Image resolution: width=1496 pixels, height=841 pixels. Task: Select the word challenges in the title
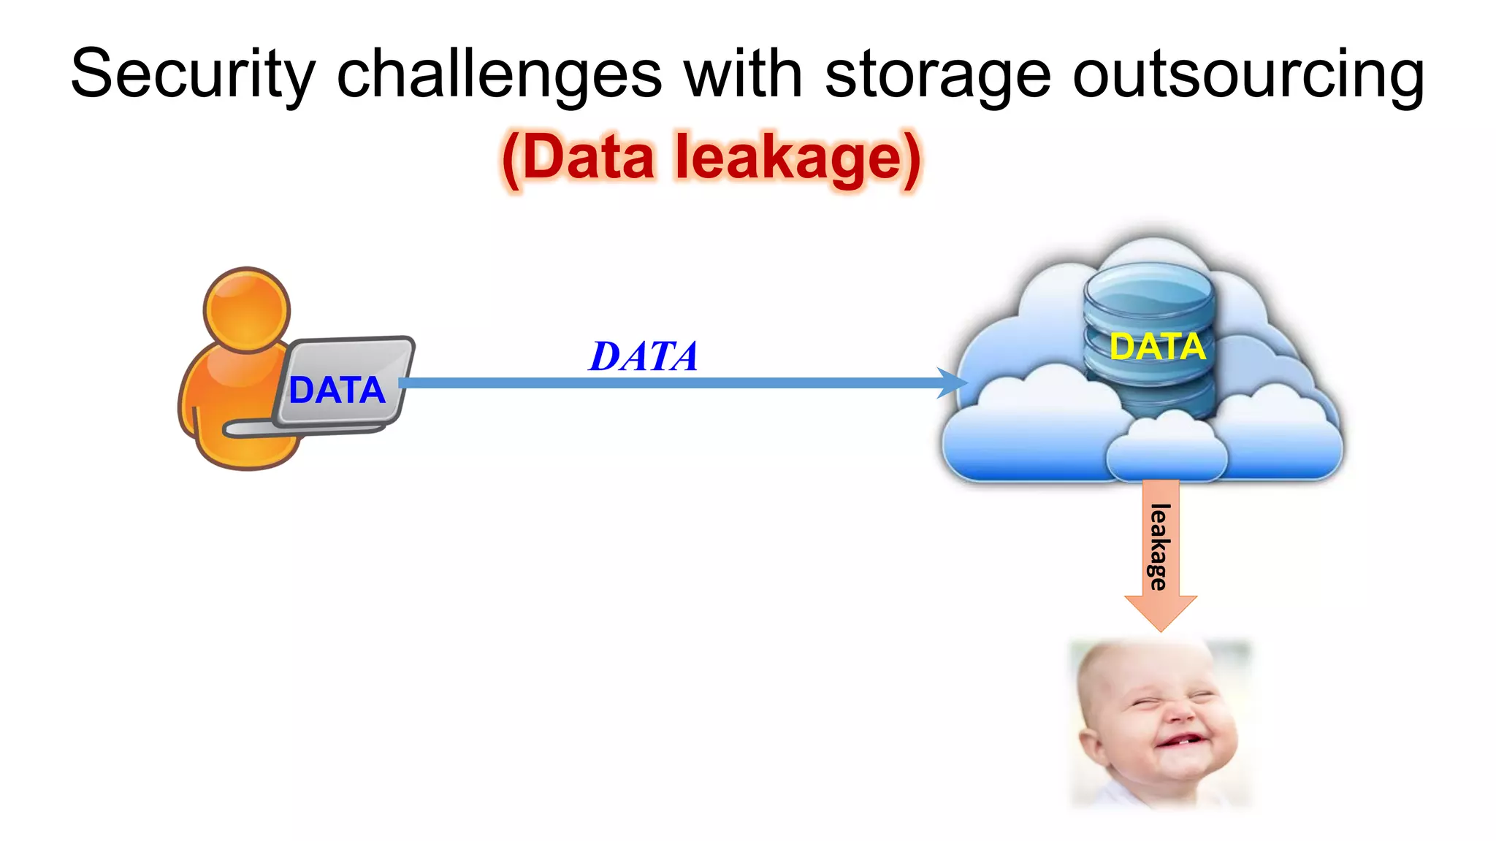click(499, 74)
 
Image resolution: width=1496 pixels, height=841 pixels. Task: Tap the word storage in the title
click(938, 74)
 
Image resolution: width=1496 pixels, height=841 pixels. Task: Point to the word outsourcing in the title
click(1248, 74)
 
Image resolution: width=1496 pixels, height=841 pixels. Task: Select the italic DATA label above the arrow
click(644, 357)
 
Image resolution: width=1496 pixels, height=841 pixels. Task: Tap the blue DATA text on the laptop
click(337, 391)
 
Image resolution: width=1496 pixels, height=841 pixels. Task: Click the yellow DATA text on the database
click(1157, 346)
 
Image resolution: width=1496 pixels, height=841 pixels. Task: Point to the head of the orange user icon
click(247, 309)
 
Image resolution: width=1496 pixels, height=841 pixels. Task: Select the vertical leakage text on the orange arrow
click(1160, 547)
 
